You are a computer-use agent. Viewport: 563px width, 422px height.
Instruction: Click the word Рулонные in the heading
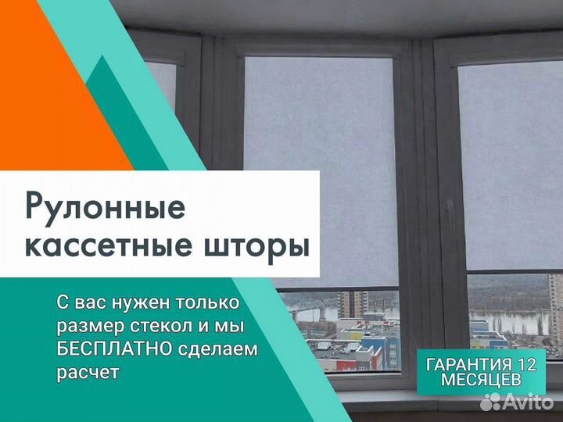(x=106, y=208)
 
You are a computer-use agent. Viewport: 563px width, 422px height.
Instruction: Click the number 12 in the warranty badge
(x=526, y=365)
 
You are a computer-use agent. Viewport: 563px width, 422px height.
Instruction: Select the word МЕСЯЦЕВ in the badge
(x=481, y=380)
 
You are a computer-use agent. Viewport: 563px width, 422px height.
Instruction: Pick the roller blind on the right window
(x=511, y=165)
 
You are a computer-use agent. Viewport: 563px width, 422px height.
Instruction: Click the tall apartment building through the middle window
(x=353, y=304)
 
